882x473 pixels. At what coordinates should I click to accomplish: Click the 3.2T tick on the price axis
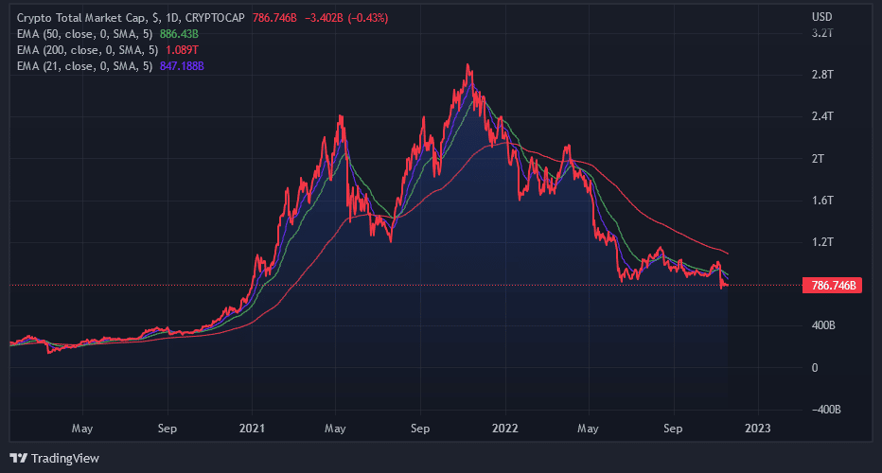click(822, 33)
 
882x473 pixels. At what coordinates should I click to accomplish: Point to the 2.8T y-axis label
click(822, 75)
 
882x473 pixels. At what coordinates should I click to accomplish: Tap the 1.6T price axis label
click(822, 201)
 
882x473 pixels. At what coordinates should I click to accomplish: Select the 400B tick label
click(822, 326)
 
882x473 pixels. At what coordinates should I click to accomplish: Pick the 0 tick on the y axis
click(815, 368)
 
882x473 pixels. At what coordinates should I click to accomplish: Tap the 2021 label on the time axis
click(252, 429)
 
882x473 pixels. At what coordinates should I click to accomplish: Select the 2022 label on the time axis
click(504, 429)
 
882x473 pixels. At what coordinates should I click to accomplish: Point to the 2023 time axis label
click(758, 429)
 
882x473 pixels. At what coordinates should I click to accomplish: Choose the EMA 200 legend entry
click(88, 50)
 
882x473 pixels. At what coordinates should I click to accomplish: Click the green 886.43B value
click(179, 34)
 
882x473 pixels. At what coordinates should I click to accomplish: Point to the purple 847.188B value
click(183, 66)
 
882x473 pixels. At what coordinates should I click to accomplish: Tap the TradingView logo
click(58, 458)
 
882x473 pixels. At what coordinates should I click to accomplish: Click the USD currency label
click(821, 17)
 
